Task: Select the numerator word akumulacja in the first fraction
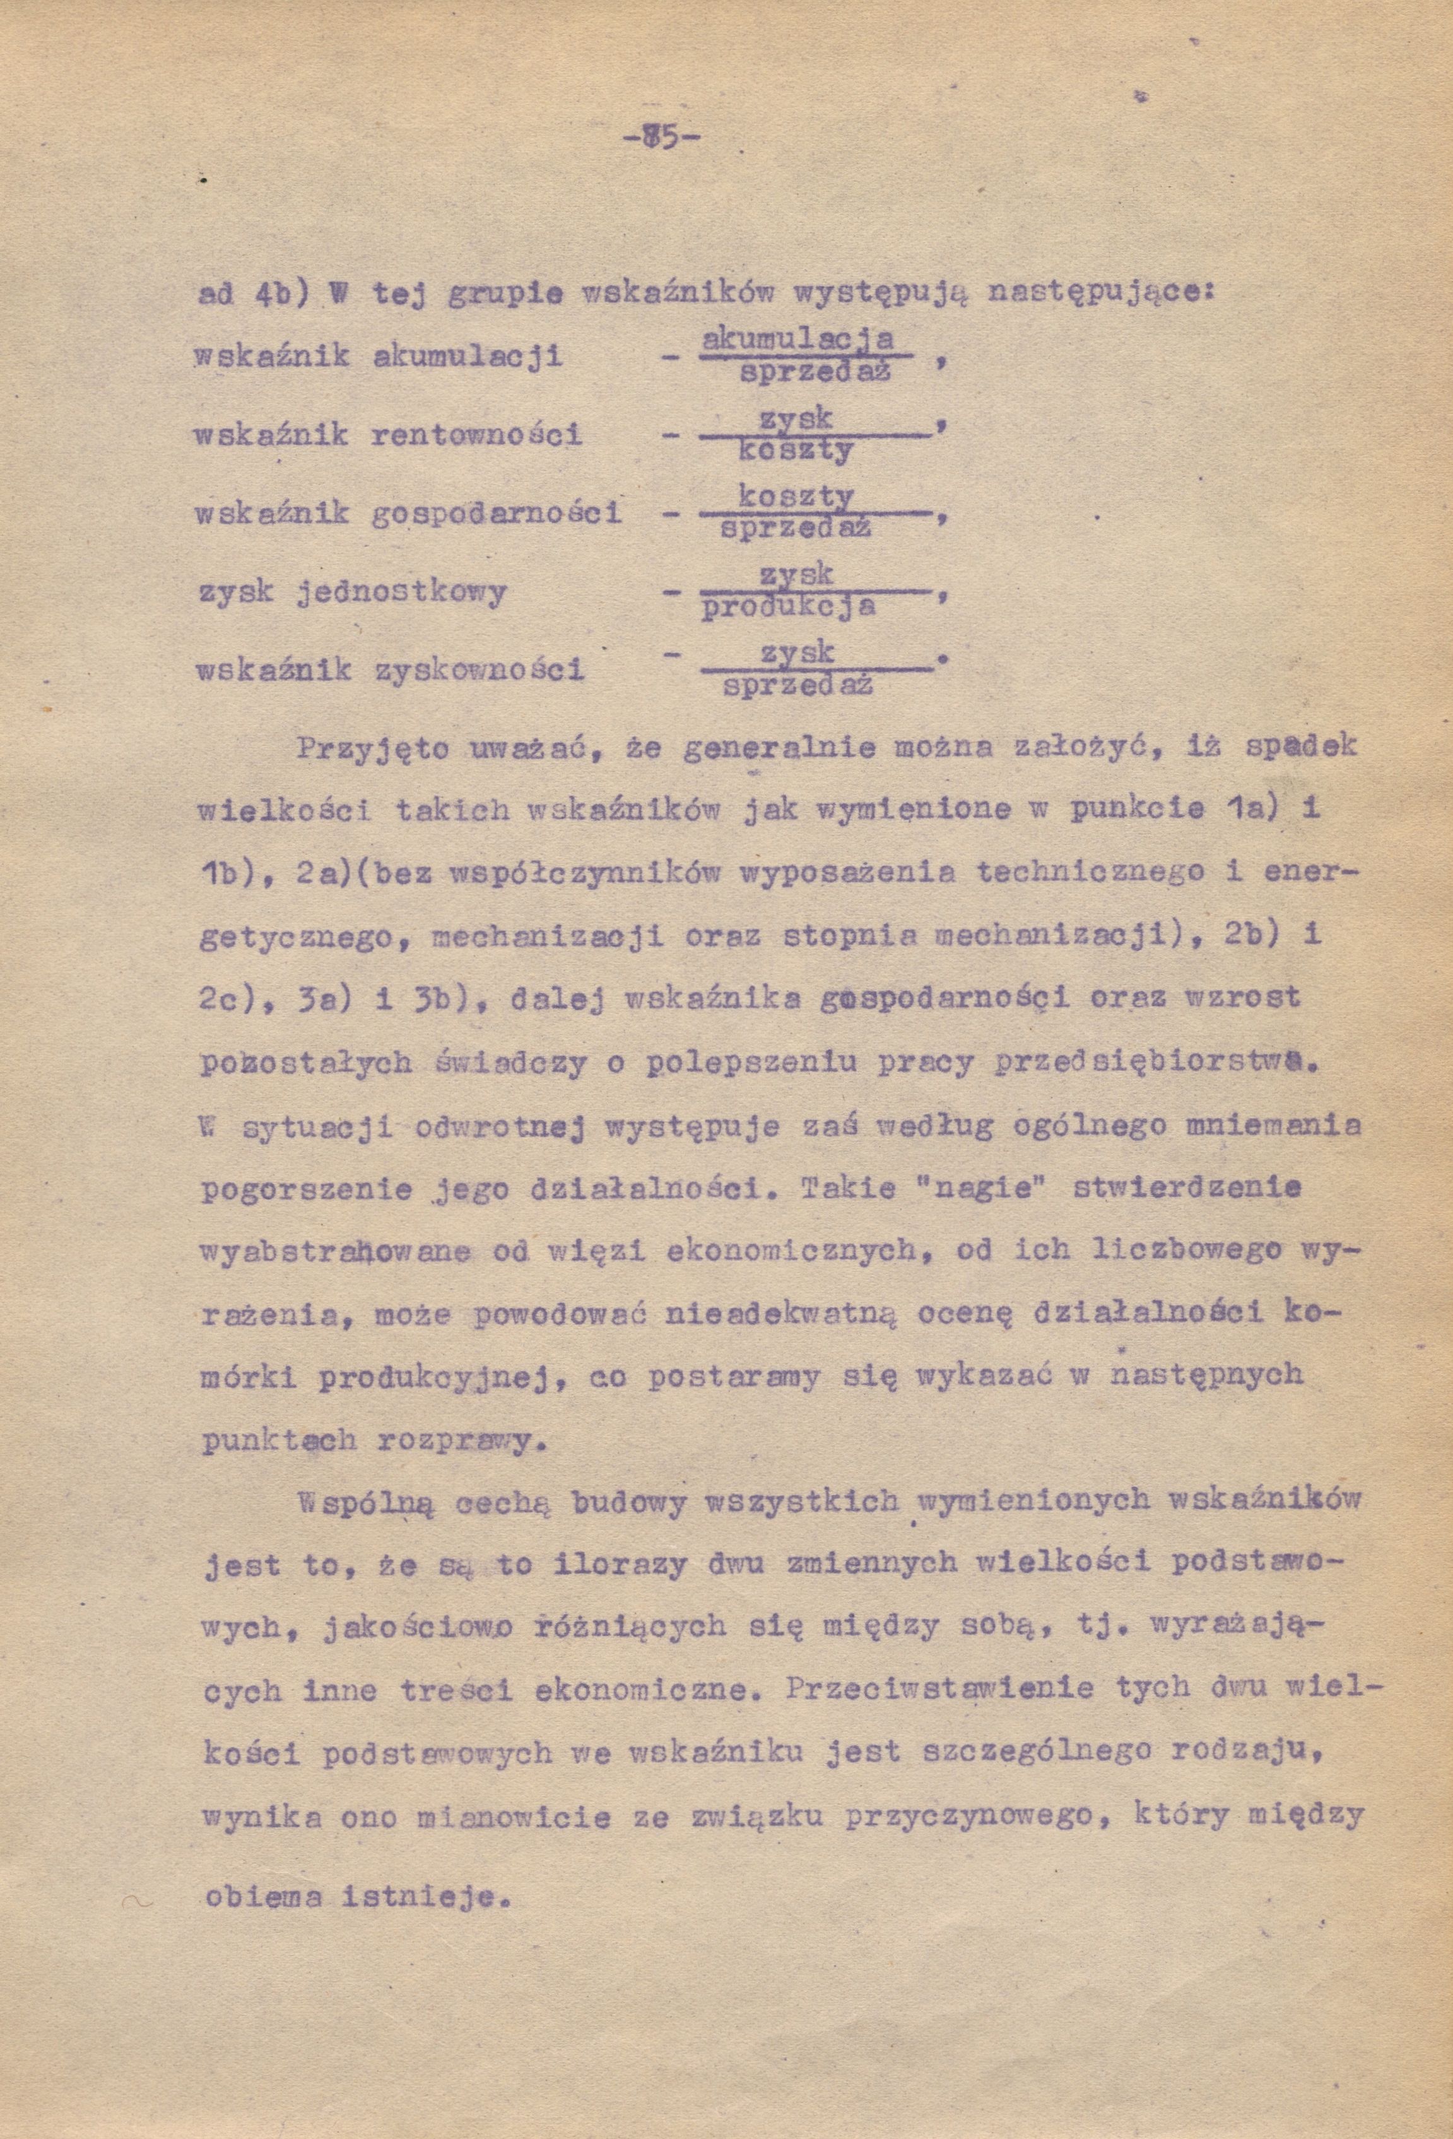(797, 341)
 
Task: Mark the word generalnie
(780, 747)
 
